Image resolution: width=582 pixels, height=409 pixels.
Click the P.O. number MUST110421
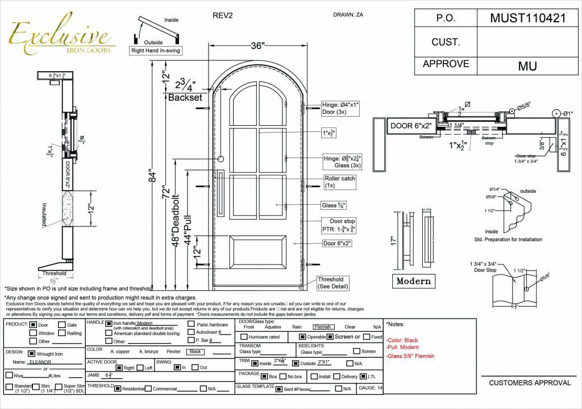527,18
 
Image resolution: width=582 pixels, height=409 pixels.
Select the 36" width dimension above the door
257,47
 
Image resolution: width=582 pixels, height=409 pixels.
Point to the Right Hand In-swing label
154,51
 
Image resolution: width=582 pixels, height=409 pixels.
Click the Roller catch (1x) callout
340,181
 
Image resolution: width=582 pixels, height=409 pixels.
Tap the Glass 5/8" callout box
334,205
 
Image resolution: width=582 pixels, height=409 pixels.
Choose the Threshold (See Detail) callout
332,283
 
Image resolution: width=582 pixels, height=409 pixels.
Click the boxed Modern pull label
413,281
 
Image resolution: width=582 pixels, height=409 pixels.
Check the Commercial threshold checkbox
148,389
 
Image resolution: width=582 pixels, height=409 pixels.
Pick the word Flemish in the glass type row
322,327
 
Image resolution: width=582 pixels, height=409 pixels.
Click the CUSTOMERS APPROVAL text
530,383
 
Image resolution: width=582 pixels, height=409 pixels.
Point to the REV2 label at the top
222,15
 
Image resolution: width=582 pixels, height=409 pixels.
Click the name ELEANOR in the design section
40,362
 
